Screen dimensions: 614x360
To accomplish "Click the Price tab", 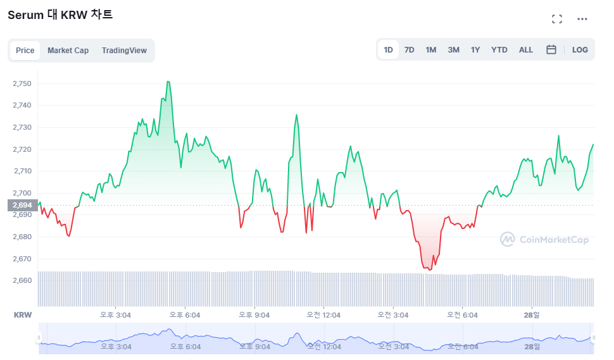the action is point(25,51).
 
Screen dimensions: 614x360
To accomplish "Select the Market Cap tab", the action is point(68,51).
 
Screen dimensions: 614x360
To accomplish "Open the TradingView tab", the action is point(124,51).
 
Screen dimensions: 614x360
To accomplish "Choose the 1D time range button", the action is point(388,50).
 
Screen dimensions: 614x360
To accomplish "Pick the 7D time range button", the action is point(409,50).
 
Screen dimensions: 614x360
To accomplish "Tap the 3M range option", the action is point(453,50).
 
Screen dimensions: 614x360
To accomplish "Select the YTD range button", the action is point(499,50).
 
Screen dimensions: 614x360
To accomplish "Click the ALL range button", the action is point(526,50).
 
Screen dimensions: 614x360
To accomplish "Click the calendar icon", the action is point(551,49).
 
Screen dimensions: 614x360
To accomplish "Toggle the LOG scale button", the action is point(580,50).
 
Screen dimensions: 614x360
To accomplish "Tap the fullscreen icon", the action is point(557,19).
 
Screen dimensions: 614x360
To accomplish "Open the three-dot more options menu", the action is point(582,19).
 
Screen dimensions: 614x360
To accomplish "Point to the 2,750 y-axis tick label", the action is point(22,84).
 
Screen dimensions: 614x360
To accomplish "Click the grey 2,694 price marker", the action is point(23,205).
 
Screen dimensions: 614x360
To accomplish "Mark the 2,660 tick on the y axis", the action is point(22,280).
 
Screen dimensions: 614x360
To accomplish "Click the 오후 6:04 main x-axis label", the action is point(185,315).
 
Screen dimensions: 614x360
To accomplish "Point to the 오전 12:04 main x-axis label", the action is point(323,315).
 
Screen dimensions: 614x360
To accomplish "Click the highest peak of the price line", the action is point(168,82).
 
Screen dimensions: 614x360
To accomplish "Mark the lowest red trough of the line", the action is point(430,270).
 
